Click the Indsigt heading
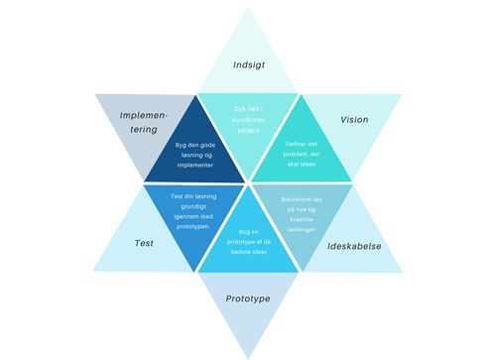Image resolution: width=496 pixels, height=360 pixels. (x=249, y=64)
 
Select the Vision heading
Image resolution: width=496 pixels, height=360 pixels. (x=354, y=120)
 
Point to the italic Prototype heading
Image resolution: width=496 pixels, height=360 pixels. (x=249, y=299)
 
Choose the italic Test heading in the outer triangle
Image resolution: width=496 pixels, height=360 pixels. (x=144, y=243)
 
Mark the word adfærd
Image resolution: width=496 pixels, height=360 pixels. (x=248, y=130)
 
